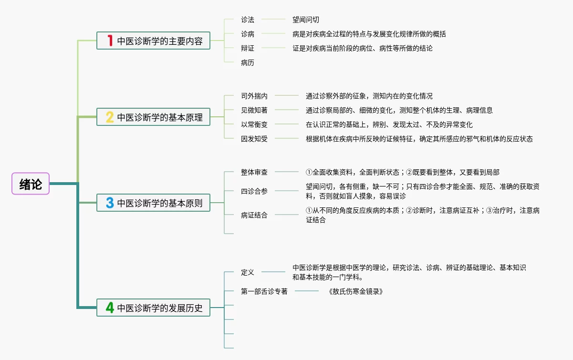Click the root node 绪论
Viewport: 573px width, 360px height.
[x=31, y=184]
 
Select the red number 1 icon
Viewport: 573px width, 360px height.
[x=110, y=41]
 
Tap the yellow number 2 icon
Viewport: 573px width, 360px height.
[x=110, y=117]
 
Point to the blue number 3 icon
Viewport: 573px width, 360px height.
[x=110, y=203]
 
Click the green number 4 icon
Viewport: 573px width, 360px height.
[x=110, y=308]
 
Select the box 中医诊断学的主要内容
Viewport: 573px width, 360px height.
[x=153, y=41]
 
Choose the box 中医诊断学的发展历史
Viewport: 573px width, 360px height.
[x=153, y=308]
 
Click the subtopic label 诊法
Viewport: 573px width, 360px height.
[x=248, y=20]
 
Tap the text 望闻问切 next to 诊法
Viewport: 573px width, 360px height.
[x=306, y=20]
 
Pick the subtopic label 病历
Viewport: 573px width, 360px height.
[x=248, y=62]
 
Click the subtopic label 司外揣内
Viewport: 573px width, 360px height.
[x=254, y=96]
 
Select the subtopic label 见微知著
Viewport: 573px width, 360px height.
[x=254, y=110]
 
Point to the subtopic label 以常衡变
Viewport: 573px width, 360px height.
[x=254, y=124]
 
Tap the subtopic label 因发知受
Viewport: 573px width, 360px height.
[x=254, y=139]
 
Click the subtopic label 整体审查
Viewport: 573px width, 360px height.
[x=254, y=172]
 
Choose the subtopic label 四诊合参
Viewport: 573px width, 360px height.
[x=254, y=191]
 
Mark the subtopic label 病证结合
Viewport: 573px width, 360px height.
[x=254, y=215]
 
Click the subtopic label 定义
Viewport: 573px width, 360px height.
[x=248, y=272]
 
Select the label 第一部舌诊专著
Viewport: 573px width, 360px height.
[x=264, y=291]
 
